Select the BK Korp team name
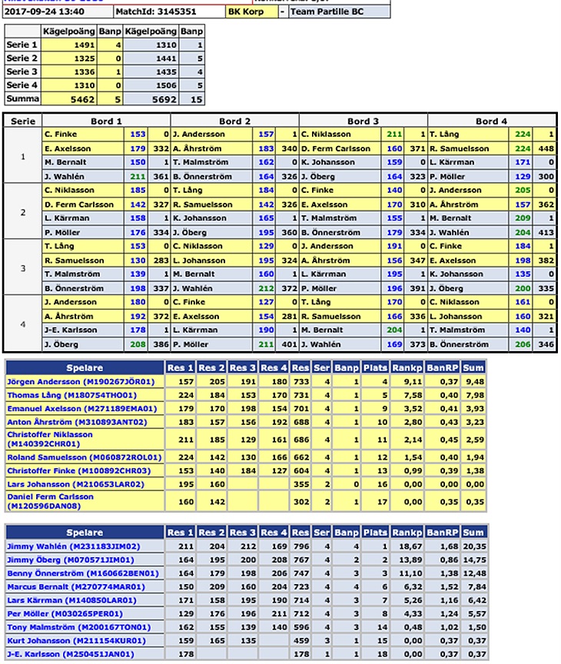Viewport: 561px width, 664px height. pyautogui.click(x=245, y=12)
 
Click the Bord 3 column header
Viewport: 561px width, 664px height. pyautogui.click(x=363, y=121)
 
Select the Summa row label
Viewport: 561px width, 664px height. pyautogui.click(x=22, y=99)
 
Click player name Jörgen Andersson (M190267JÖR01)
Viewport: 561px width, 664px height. pyautogui.click(x=81, y=381)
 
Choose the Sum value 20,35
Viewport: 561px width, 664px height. pyautogui.click(x=473, y=546)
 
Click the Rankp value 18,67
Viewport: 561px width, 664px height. pyautogui.click(x=405, y=546)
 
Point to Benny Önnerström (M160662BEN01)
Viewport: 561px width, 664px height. pyautogui.click(x=83, y=573)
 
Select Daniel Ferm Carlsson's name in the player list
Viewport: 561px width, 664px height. pyautogui.click(x=50, y=501)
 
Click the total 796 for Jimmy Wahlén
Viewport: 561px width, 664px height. pyautogui.click(x=300, y=546)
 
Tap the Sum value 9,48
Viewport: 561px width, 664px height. pyautogui.click(x=474, y=381)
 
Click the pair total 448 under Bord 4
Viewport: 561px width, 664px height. pyautogui.click(x=546, y=148)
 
